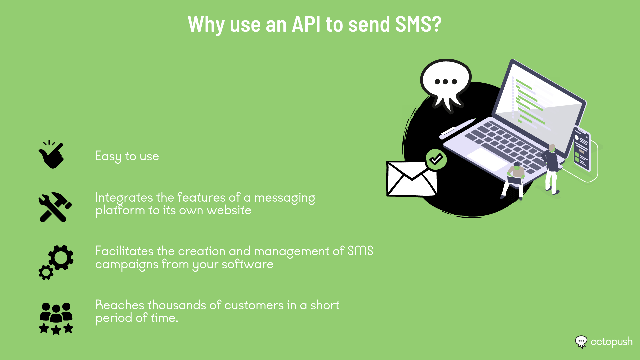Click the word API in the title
point(306,24)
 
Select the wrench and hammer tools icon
point(55,207)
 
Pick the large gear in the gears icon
point(61,257)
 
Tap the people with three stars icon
point(56,318)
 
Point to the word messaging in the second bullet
point(285,198)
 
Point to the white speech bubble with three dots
point(446,83)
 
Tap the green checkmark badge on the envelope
point(436,160)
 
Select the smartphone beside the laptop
point(582,148)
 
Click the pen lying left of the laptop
point(457,128)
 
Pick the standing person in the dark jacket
point(551,169)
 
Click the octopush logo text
point(611,342)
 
